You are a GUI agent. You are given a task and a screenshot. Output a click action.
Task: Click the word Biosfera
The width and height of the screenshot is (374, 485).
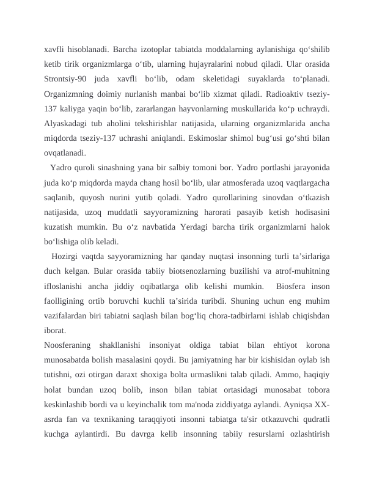tap(286, 286)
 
